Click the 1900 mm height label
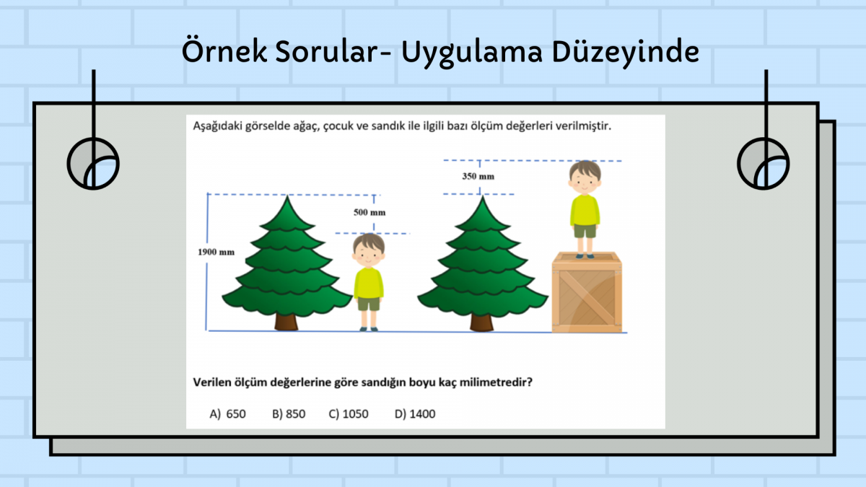tap(216, 252)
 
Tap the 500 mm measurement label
tap(369, 212)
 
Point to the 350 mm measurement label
tap(478, 176)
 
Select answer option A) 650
tap(227, 414)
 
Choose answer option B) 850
tap(289, 414)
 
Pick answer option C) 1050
tap(349, 414)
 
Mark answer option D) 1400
tap(415, 414)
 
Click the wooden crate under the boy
tap(587, 292)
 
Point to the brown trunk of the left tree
tap(287, 322)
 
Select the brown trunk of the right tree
tap(482, 323)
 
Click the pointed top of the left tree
tap(287, 196)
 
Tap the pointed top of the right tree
tap(482, 197)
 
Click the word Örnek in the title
tap(224, 51)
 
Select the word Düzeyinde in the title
tap(626, 52)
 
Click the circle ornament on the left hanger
tap(93, 164)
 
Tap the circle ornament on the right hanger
tap(764, 164)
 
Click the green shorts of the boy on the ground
tap(369, 304)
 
